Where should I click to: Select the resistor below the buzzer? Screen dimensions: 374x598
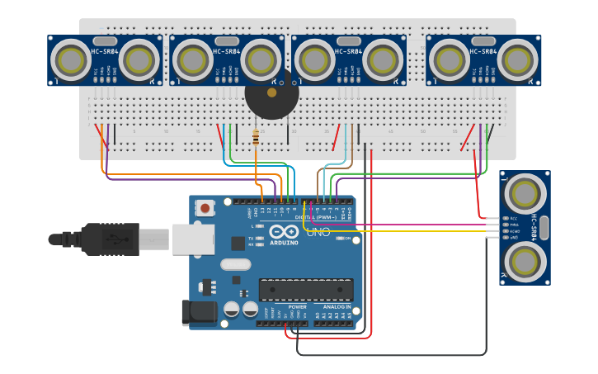[256, 138]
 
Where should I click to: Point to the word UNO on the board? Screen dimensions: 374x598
[318, 233]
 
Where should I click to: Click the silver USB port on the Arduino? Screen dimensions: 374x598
[193, 239]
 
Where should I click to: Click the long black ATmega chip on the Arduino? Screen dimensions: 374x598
[306, 290]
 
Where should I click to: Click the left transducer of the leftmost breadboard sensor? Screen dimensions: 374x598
[71, 60]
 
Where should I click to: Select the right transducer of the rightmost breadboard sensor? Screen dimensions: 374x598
[518, 60]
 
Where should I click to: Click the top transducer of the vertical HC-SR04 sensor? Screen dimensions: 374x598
[525, 193]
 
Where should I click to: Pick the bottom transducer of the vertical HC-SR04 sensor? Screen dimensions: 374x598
[525, 261]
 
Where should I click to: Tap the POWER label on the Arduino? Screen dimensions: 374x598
[297, 306]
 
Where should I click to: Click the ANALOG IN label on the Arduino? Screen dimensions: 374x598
[337, 306]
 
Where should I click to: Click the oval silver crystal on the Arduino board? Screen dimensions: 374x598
[235, 265]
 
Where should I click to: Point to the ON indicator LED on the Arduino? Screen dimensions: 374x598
[339, 239]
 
